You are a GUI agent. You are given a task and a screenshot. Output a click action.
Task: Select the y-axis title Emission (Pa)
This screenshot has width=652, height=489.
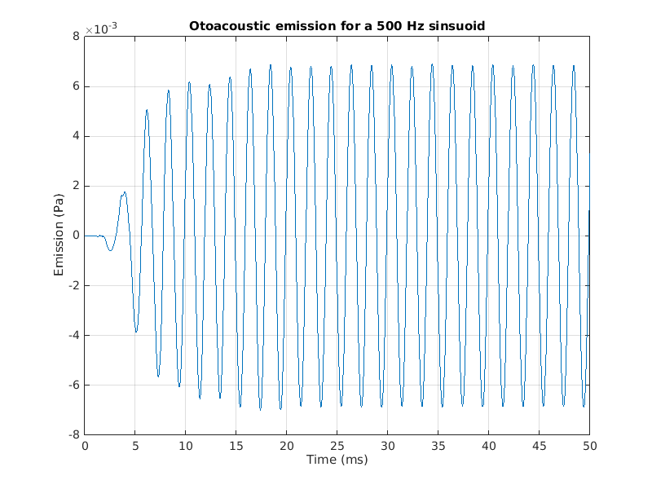click(59, 236)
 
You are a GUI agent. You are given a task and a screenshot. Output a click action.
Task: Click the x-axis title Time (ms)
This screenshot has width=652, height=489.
click(337, 460)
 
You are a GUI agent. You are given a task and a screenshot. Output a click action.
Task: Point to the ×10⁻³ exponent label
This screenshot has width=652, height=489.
click(101, 29)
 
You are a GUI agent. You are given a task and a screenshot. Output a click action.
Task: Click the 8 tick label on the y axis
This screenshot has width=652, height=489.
click(76, 36)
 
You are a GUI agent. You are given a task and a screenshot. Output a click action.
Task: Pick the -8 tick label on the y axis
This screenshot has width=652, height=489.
click(73, 435)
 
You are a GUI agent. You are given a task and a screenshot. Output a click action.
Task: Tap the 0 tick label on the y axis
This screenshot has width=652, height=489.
click(76, 236)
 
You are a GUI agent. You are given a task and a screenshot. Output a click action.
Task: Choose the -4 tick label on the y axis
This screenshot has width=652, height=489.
click(73, 336)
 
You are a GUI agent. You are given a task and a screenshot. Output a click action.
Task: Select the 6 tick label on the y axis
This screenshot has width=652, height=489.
click(76, 86)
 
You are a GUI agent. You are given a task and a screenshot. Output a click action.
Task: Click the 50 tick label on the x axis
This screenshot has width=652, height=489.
click(589, 446)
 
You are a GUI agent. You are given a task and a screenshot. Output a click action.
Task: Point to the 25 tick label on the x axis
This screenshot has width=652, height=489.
click(337, 446)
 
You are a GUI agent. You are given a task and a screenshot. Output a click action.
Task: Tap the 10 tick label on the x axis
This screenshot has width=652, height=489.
click(186, 446)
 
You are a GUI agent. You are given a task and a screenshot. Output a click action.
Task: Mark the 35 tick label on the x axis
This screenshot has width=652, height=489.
click(438, 446)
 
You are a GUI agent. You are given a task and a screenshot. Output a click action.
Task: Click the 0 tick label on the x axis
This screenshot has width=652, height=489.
click(85, 446)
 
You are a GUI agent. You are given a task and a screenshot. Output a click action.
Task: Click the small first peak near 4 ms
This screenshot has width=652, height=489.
click(124, 193)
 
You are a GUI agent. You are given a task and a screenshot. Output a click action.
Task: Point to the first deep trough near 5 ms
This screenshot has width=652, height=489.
click(136, 331)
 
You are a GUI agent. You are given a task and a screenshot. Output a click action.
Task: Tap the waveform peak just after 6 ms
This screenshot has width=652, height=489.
click(148, 110)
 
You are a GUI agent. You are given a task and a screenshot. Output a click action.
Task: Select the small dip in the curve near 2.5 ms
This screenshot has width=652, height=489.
click(110, 249)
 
